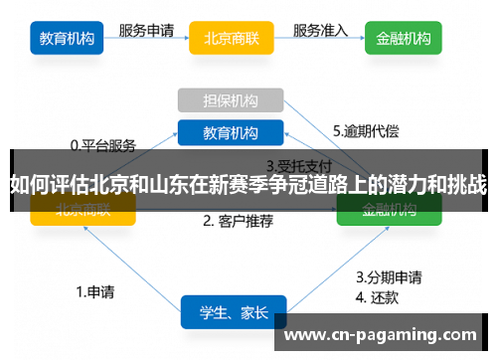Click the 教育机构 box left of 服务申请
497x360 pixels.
pos(68,40)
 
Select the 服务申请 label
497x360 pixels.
pos(148,31)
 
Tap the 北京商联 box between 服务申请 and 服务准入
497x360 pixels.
pos(232,40)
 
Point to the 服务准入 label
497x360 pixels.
pos(321,31)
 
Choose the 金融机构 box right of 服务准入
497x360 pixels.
pos(404,40)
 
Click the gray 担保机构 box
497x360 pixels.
pos(231,100)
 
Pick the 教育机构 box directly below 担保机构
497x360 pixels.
pos(231,132)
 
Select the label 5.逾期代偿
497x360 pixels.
pos(365,130)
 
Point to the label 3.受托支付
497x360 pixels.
pos(298,165)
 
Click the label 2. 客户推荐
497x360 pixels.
pos(238,221)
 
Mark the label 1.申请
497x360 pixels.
pos(95,292)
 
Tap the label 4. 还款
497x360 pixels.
pos(377,295)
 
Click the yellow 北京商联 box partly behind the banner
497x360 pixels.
pos(83,209)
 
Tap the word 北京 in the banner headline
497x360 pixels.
pos(107,184)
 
